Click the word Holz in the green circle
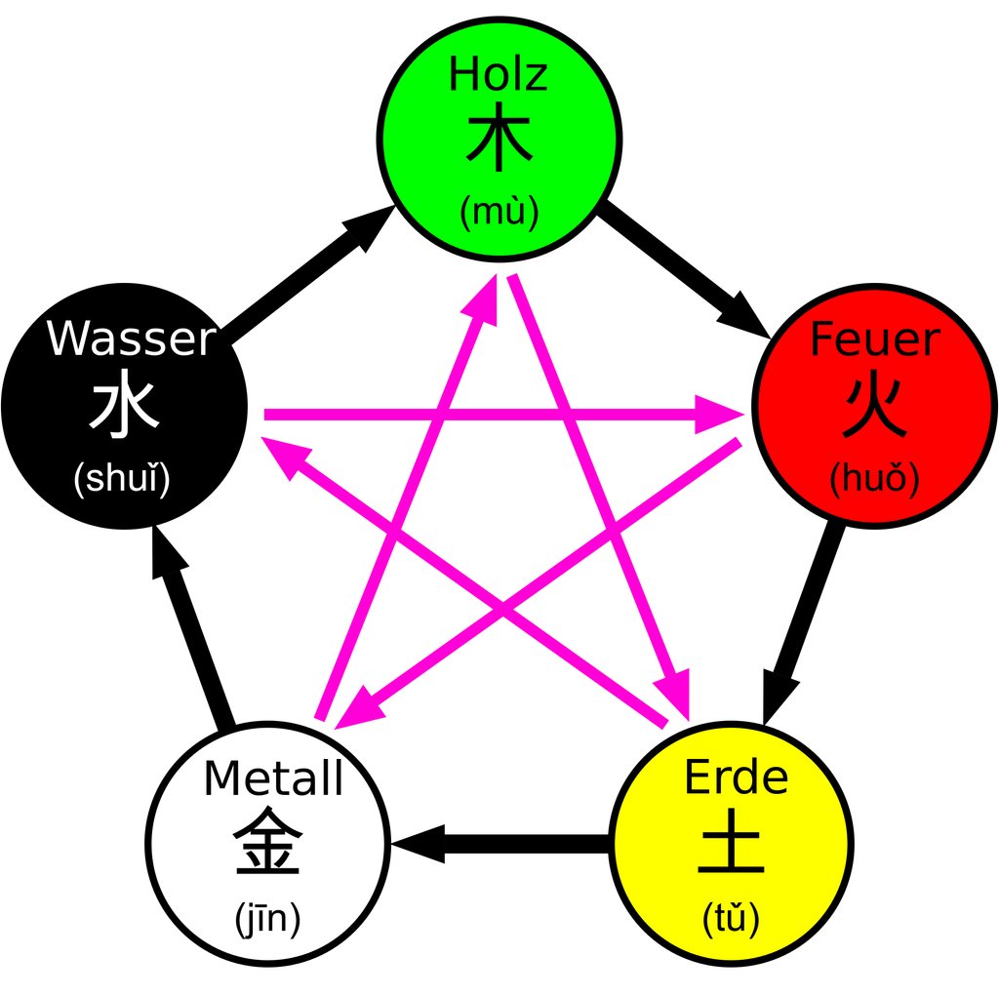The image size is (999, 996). (498, 76)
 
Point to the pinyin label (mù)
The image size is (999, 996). (499, 211)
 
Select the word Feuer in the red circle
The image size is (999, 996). (875, 340)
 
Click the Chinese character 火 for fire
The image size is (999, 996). (875, 408)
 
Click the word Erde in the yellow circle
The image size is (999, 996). (736, 778)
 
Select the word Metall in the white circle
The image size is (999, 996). (273, 779)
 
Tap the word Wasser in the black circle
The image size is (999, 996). (130, 340)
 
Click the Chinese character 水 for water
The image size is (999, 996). (124, 408)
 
